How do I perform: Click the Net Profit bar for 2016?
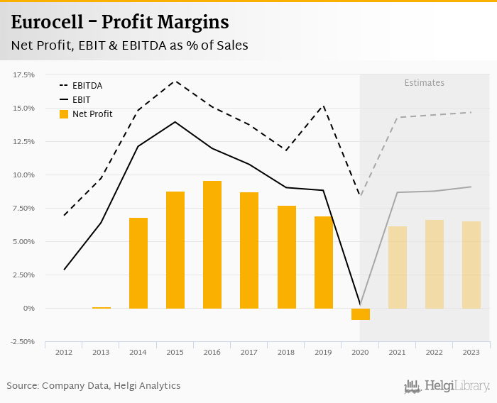212,245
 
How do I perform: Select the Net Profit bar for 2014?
138,263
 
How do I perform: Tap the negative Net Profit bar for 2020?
361,314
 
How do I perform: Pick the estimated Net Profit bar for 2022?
435,264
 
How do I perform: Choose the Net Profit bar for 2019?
324,263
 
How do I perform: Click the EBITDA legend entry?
87,86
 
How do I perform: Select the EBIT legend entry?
82,100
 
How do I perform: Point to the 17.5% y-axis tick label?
23,74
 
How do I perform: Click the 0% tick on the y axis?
28,309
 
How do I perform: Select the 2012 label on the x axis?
64,353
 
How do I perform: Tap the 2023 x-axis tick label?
471,353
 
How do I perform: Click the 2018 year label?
286,353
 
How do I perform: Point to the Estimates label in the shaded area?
425,83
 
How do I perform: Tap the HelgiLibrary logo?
447,387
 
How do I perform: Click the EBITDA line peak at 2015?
175,80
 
